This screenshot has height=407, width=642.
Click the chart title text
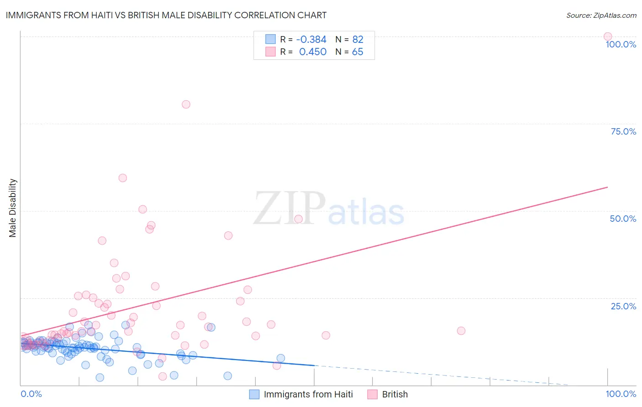[166, 15]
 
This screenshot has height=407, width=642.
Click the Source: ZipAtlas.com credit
[601, 15]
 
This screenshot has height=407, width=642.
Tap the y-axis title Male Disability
[13, 208]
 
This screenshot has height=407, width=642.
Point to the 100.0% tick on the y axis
[621, 44]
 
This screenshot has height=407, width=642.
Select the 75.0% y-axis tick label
[623, 131]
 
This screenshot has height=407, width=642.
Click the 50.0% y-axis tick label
[623, 219]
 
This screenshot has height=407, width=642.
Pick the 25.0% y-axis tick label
[623, 306]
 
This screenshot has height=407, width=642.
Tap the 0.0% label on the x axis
[31, 394]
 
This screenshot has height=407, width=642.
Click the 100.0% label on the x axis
[621, 394]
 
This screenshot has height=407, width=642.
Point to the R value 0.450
[312, 52]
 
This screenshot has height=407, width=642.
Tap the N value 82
[358, 40]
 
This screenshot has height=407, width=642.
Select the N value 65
[358, 52]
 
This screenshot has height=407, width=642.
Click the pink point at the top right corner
[607, 37]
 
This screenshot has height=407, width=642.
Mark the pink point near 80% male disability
[186, 104]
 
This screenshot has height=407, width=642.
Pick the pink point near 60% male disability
[122, 178]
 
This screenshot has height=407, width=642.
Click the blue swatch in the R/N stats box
[271, 39]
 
